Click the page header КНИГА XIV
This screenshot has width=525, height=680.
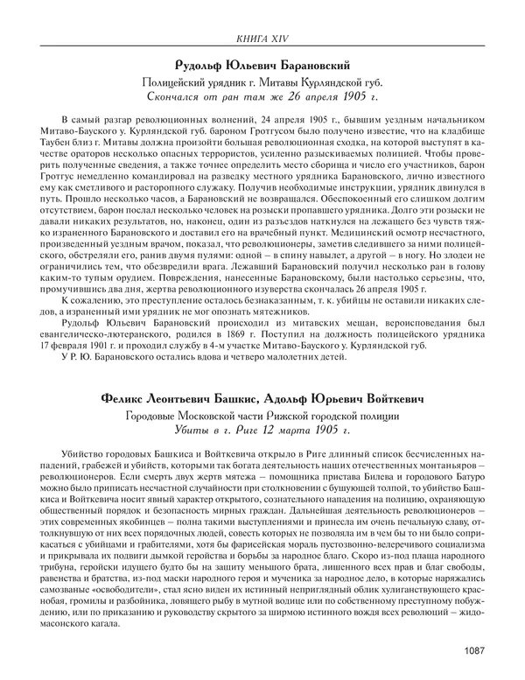point(262,37)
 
